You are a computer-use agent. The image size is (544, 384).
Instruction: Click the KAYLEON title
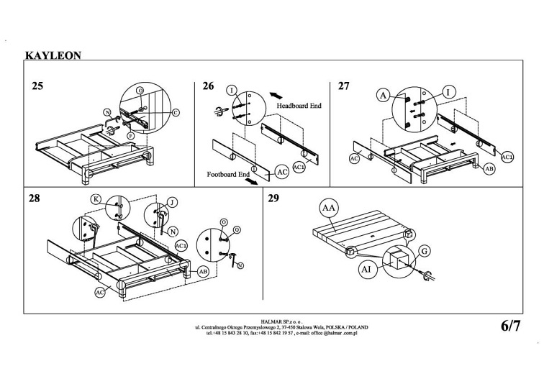pyautogui.click(x=53, y=54)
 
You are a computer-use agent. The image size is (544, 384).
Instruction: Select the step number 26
pyautogui.click(x=208, y=86)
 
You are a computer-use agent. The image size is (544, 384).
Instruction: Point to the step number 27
pyautogui.click(x=343, y=86)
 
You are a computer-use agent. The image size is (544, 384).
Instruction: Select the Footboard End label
pyautogui.click(x=228, y=174)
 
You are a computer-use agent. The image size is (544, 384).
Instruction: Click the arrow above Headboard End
pyautogui.click(x=275, y=94)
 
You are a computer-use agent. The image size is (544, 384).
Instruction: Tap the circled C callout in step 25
pyautogui.click(x=175, y=113)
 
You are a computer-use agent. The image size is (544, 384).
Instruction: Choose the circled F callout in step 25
pyautogui.click(x=130, y=135)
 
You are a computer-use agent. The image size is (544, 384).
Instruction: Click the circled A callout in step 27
pyautogui.click(x=383, y=94)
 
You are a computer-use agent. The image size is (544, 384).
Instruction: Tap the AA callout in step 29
pyautogui.click(x=329, y=209)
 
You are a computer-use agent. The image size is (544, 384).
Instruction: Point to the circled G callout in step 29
pyautogui.click(x=424, y=250)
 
